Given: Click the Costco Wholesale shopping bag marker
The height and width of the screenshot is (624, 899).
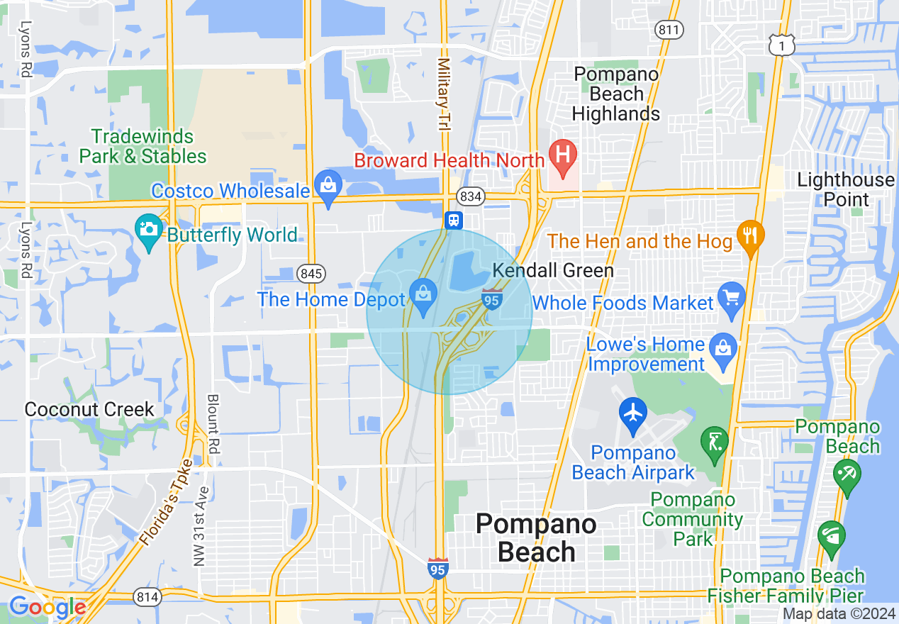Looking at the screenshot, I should point(328,186).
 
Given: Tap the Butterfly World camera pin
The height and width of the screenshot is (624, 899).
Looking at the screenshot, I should point(148,229).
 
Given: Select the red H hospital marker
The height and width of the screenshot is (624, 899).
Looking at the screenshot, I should point(564,155).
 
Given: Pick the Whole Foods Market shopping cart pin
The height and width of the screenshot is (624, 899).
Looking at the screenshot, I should point(731,296).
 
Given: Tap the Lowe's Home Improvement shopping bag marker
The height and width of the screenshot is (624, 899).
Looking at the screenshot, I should point(723,348).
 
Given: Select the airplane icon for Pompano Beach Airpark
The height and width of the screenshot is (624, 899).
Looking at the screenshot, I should point(632,411).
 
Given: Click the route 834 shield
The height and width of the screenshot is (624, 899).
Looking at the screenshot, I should point(470,196).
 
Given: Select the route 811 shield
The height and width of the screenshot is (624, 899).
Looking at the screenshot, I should point(670,30).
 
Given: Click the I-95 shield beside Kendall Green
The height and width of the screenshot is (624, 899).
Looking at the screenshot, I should point(493,299).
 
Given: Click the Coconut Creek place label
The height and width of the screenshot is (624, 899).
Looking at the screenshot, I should point(89,409).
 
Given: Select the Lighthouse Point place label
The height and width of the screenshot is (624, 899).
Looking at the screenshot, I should point(846,189).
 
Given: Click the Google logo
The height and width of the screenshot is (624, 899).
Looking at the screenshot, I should point(48,607).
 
